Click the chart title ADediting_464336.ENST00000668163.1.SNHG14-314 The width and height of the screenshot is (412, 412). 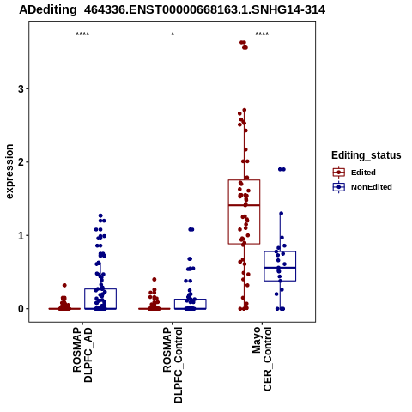(x=173, y=9)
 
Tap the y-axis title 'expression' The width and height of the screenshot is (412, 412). (x=9, y=172)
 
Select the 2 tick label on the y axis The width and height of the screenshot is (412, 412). (x=21, y=162)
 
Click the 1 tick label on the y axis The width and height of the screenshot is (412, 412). (x=21, y=235)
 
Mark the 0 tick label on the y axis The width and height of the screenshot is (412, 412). (x=21, y=309)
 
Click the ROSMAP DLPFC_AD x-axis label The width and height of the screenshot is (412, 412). (x=82, y=354)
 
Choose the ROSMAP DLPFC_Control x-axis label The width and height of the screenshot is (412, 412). (x=173, y=365)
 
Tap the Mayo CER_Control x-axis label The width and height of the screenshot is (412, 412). (x=262, y=359)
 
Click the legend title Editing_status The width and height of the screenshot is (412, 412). (x=367, y=155)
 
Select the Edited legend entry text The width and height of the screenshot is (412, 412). (x=363, y=173)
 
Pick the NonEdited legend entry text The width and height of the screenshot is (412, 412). (x=372, y=187)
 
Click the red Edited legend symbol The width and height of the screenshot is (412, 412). (x=339, y=173)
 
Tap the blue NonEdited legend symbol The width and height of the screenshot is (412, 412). (x=339, y=187)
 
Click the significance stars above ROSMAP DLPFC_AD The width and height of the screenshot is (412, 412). (x=82, y=34)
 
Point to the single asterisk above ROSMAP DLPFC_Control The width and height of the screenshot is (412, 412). (x=173, y=34)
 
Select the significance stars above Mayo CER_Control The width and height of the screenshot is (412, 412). (x=262, y=34)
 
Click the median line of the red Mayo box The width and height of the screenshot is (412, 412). (x=244, y=205)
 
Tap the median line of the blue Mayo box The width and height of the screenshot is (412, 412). (x=280, y=268)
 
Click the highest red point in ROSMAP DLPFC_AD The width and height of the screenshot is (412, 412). (x=64, y=285)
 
